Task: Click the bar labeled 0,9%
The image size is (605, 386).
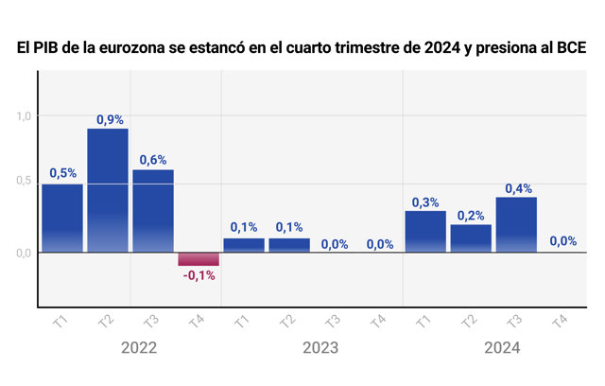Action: (108, 191)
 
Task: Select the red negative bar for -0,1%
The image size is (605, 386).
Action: (199, 259)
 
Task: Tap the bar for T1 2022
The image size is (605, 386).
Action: (62, 219)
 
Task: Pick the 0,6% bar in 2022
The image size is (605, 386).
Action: (153, 211)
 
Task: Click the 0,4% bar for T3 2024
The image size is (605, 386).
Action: (516, 225)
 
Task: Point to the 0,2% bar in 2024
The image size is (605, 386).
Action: (471, 238)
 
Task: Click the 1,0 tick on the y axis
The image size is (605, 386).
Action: (24, 115)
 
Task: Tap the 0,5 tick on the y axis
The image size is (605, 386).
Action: (24, 181)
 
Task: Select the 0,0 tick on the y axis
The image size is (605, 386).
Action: (24, 254)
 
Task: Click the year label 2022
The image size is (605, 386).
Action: (139, 348)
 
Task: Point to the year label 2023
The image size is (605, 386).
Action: (320, 348)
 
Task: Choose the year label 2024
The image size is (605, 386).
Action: (502, 348)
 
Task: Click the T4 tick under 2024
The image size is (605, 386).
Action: (560, 321)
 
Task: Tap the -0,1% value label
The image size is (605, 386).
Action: (199, 275)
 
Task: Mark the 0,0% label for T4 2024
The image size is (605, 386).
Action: (563, 241)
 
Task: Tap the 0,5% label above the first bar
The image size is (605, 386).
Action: (63, 173)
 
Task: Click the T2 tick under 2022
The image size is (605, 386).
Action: (106, 321)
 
